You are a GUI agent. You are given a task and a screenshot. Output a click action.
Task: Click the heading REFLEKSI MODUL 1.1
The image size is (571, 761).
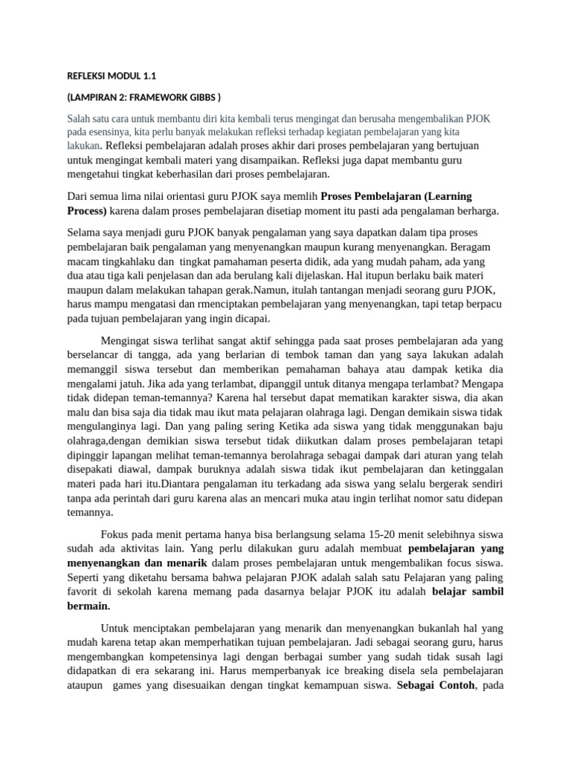point(112,76)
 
